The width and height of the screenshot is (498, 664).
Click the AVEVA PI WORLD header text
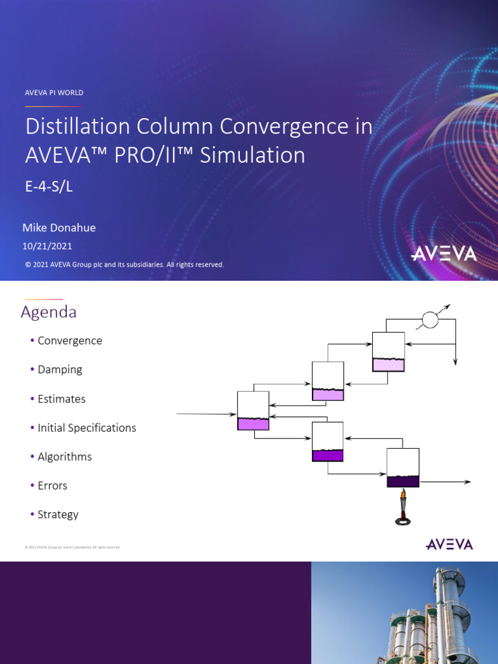(x=54, y=93)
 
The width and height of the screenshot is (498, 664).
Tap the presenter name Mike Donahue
(x=59, y=228)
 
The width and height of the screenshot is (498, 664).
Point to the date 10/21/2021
(x=47, y=246)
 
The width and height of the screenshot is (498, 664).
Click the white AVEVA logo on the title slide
(x=444, y=253)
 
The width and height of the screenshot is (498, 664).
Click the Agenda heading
(x=49, y=313)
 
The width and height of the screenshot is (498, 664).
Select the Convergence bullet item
(x=69, y=341)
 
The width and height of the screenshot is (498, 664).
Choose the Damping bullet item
(x=60, y=370)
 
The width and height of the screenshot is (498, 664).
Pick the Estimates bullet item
(x=61, y=399)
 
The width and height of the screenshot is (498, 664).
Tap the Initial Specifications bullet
(x=86, y=428)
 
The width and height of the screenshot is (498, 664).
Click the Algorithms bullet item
(x=64, y=456)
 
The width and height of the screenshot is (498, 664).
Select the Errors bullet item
(x=52, y=486)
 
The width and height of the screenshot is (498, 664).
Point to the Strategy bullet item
(x=58, y=514)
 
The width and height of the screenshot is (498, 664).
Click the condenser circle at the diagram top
(x=430, y=320)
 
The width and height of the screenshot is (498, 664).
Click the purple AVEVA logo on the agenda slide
(x=449, y=544)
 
